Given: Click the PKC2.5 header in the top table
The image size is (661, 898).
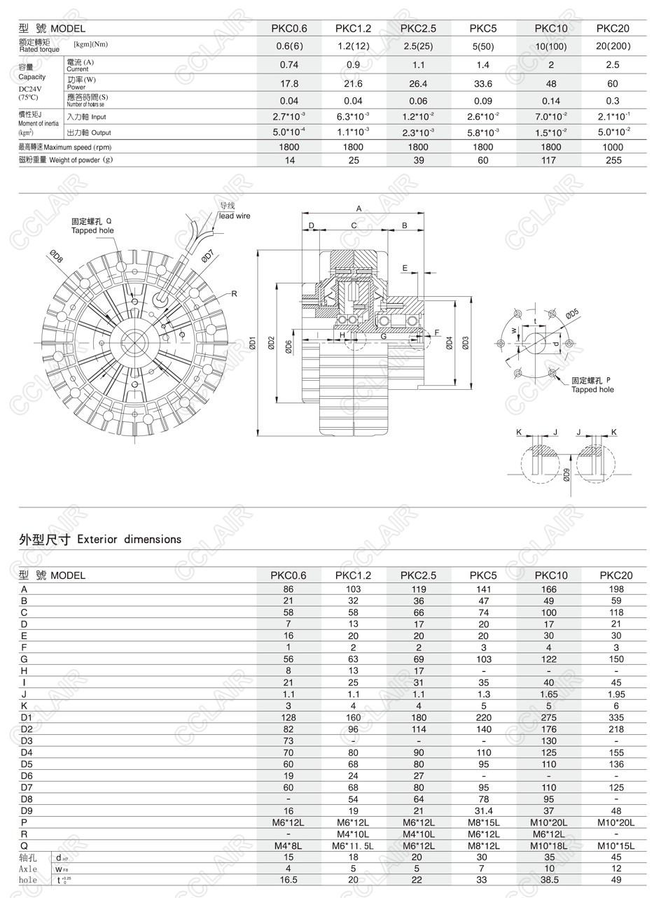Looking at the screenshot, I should pyautogui.click(x=418, y=29).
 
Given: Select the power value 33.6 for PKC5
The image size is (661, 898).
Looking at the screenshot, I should pyautogui.click(x=483, y=84).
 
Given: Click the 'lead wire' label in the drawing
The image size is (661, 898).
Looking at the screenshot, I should pyautogui.click(x=234, y=216).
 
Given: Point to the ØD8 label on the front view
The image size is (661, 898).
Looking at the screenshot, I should pyautogui.click(x=57, y=257).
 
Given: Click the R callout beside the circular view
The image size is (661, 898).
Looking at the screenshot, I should pyautogui.click(x=235, y=293).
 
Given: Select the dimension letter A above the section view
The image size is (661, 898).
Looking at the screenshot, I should pyautogui.click(x=359, y=209).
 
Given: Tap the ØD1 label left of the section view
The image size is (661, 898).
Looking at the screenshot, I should pyautogui.click(x=253, y=344).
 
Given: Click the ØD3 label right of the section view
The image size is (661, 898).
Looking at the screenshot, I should pyautogui.click(x=466, y=343).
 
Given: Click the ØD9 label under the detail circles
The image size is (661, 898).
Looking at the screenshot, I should pyautogui.click(x=566, y=475).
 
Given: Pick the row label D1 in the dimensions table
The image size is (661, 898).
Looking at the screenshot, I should pyautogui.click(x=27, y=717).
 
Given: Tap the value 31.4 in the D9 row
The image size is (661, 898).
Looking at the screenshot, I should pyautogui.click(x=483, y=811).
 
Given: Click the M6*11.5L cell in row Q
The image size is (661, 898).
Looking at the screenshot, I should pyautogui.click(x=354, y=846).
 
